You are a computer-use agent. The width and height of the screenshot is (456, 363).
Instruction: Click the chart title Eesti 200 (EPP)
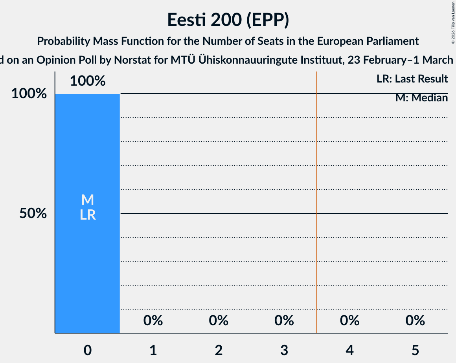(x=228, y=20)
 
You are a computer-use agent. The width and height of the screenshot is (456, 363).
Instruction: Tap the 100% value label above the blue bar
(x=88, y=81)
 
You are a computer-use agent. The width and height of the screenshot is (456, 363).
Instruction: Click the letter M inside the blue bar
(x=87, y=200)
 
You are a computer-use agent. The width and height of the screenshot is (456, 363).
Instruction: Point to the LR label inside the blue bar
(x=87, y=215)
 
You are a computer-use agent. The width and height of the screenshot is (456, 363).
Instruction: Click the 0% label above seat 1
(x=153, y=321)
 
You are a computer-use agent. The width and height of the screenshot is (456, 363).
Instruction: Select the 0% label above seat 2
(x=219, y=321)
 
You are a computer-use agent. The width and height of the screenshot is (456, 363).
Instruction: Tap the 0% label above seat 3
(x=284, y=321)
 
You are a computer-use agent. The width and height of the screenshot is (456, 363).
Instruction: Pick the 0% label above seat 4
(x=349, y=321)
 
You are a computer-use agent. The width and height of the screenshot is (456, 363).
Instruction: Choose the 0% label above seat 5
(x=415, y=321)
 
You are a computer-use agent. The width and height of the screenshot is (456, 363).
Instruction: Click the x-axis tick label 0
(x=87, y=350)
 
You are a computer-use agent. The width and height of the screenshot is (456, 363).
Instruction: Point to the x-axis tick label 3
(x=284, y=350)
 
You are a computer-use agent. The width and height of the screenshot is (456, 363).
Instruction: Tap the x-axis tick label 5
(x=415, y=350)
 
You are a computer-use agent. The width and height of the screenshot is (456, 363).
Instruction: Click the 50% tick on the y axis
(x=33, y=213)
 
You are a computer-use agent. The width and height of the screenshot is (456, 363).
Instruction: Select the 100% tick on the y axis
(x=29, y=94)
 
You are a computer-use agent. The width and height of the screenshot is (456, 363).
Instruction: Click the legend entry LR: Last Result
(x=412, y=79)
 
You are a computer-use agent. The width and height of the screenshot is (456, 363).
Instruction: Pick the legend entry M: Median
(x=421, y=98)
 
